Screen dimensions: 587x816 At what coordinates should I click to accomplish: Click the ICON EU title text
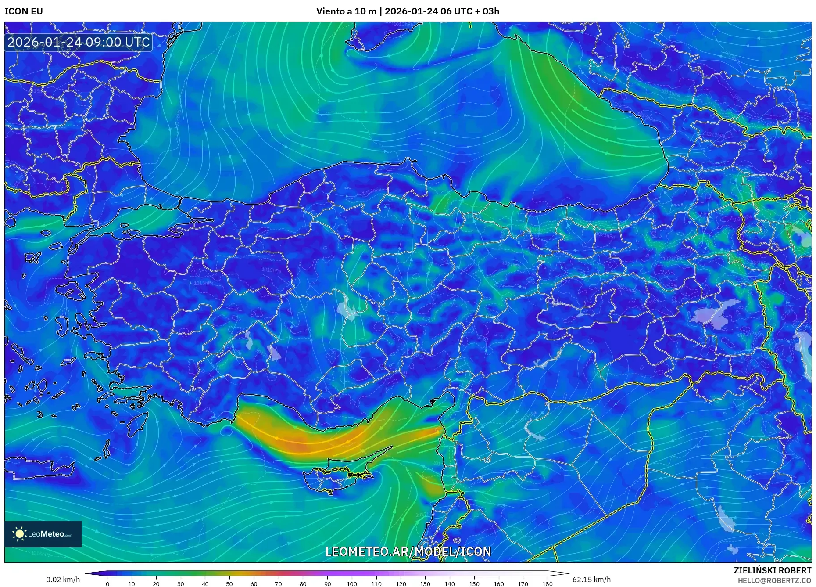click(x=24, y=11)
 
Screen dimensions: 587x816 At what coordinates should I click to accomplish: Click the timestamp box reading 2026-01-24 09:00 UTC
click(x=79, y=42)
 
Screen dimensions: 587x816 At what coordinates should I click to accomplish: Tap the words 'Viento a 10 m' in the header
click(x=346, y=11)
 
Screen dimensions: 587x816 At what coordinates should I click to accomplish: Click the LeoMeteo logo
click(x=43, y=534)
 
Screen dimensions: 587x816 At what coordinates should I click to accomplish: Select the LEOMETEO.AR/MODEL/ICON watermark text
click(x=408, y=551)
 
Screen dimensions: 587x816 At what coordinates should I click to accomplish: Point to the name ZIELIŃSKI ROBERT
click(x=772, y=570)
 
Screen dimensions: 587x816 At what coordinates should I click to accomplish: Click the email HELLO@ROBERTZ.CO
click(x=774, y=580)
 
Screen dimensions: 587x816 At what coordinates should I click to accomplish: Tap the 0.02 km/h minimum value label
click(x=63, y=580)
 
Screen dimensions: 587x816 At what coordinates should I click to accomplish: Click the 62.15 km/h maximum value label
click(x=591, y=580)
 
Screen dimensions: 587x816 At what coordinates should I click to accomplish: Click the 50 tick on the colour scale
click(x=229, y=584)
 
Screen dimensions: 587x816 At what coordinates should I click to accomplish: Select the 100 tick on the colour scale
click(x=352, y=584)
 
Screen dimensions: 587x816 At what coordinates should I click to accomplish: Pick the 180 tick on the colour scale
click(x=547, y=584)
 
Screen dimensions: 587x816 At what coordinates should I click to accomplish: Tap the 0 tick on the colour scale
click(x=107, y=584)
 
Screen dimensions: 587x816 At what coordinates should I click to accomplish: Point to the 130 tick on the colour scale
click(x=425, y=584)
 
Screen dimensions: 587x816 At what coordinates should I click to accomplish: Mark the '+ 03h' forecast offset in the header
click(x=487, y=11)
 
